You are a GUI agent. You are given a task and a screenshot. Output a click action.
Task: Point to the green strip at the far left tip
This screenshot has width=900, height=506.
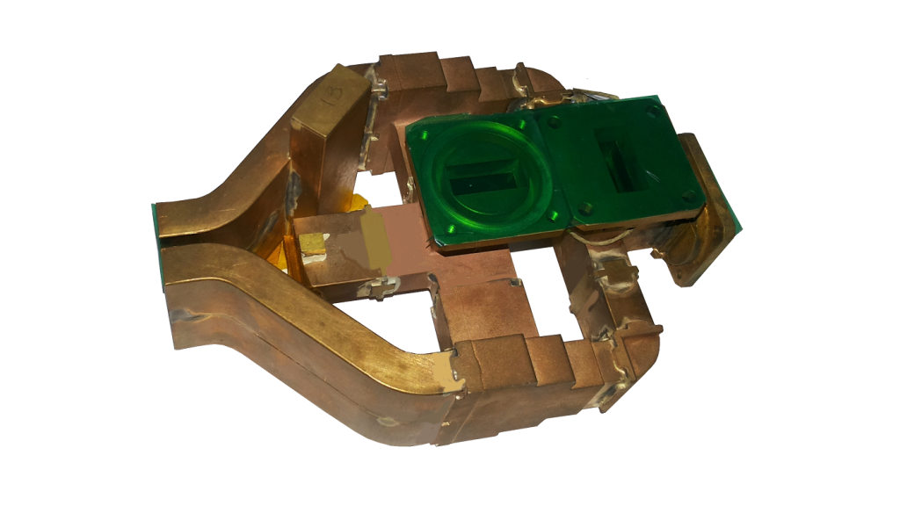coord(157,247)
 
